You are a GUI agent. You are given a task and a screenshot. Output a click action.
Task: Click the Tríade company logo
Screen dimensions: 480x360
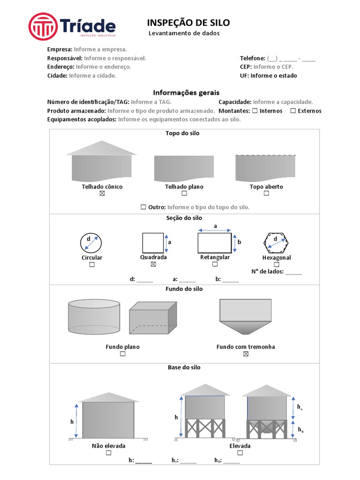72,26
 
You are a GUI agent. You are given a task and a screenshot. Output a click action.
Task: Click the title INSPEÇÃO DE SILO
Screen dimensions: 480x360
188,23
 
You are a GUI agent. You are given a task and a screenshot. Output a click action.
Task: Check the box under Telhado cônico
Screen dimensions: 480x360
102,193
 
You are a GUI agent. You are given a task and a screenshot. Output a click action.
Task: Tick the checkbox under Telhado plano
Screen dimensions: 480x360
184,193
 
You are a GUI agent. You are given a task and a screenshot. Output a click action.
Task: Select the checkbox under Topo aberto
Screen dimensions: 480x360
266,193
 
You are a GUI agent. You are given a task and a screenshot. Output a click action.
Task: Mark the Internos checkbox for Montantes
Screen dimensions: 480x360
254,111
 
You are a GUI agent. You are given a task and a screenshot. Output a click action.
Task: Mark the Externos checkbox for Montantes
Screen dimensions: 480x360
293,111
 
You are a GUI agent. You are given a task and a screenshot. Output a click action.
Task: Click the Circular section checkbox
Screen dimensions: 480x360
92,264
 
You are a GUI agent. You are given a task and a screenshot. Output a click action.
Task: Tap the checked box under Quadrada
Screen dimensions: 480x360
153,264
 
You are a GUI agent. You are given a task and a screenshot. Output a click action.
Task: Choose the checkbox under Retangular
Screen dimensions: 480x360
215,264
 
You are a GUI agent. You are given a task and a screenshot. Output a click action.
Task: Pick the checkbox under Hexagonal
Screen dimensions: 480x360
277,264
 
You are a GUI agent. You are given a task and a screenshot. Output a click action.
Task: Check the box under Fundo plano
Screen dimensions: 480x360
122,354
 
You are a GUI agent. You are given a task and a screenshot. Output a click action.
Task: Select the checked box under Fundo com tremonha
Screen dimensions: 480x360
246,354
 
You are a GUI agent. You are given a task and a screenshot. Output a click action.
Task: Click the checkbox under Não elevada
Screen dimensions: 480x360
108,453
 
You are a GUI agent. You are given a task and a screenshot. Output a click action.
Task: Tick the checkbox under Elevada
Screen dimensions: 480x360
240,453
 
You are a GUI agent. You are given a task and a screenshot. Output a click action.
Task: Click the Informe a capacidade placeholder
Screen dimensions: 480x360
283,102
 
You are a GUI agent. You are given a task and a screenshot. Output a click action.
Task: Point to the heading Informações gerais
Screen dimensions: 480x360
186,93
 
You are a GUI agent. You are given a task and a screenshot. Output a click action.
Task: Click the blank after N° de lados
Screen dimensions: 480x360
293,271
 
